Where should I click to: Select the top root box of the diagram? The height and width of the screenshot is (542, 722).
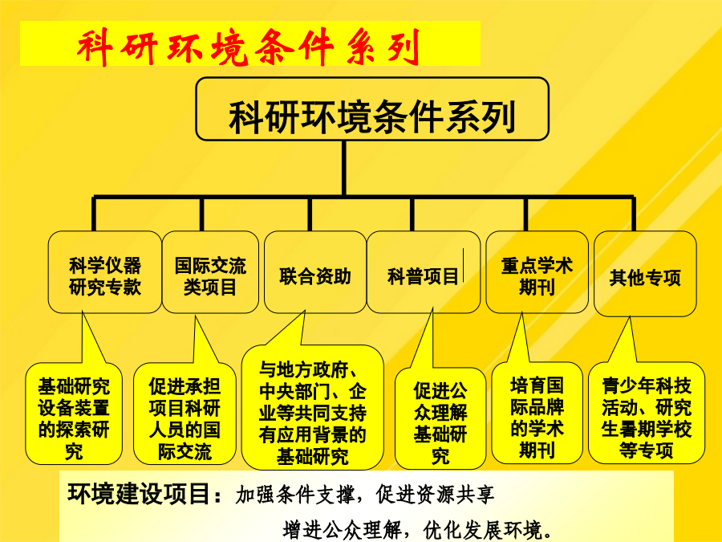click(x=372, y=108)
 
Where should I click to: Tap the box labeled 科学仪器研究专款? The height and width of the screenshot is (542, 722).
click(x=105, y=272)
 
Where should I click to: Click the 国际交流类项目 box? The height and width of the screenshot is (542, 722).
click(x=210, y=272)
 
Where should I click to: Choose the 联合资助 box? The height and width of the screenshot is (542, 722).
click(x=315, y=272)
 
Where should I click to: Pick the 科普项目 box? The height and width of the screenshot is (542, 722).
click(x=423, y=272)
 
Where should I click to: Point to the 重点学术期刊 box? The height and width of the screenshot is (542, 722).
click(x=537, y=272)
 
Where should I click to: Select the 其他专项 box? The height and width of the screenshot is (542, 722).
click(x=645, y=274)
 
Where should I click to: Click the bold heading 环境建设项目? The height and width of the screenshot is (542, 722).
click(x=139, y=494)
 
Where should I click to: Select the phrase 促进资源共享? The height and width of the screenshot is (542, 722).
click(x=435, y=495)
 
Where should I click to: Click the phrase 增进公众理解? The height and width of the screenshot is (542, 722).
click(x=342, y=530)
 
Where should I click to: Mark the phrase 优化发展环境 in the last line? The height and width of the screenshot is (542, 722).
click(x=483, y=530)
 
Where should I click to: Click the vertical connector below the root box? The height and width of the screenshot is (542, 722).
click(x=344, y=169)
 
